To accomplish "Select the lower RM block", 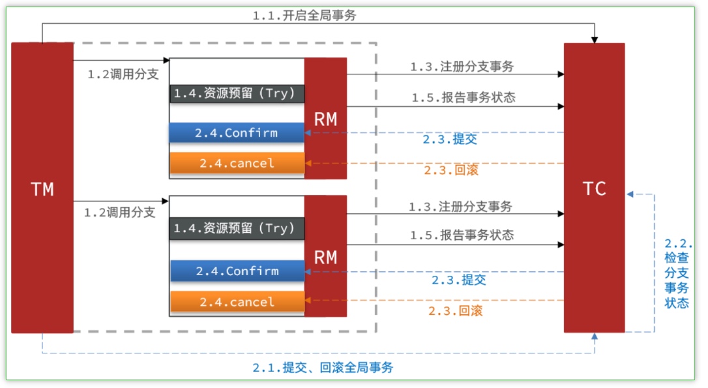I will point(325,256).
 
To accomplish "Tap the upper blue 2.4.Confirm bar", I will point(237,133).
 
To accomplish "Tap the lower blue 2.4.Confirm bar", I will point(237,271).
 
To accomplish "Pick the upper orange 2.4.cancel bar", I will point(237,163).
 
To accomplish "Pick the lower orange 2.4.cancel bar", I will point(237,302).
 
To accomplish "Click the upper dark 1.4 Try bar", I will point(237,93).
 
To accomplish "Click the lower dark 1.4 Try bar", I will point(237,228).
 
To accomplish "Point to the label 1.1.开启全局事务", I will point(304,16).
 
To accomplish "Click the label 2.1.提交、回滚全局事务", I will point(323,368).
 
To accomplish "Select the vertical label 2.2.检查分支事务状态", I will point(676,273).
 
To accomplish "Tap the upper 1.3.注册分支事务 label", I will point(462,67).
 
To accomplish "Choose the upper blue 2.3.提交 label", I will point(450,140).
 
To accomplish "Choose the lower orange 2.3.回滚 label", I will point(455,311).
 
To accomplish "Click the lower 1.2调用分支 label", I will point(119,213).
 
